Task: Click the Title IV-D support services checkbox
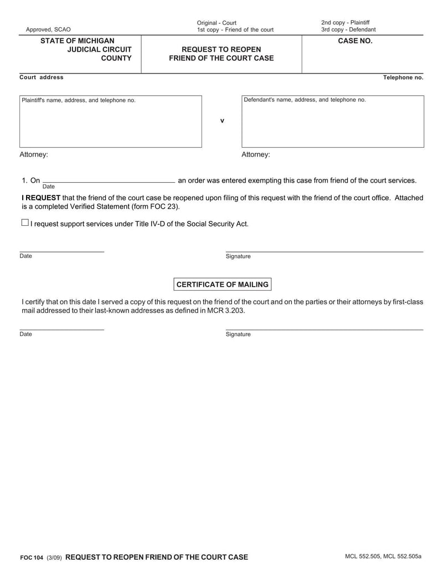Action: pos(24,223)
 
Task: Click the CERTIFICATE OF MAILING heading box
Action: pos(222,285)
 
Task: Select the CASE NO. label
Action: pos(355,41)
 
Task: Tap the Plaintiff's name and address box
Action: pos(111,122)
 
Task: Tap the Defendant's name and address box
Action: pos(332,122)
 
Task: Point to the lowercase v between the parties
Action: pos(222,121)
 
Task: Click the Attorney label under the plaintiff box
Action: pos(34,154)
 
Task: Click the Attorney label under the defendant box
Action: pos(256,154)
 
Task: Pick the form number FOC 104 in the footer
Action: pos(31,557)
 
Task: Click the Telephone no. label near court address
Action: pos(403,78)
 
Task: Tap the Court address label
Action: pos(42,78)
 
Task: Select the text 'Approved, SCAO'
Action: pos(48,30)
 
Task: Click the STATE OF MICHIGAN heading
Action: pos(78,41)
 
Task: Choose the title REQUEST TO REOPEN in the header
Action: pos(221,49)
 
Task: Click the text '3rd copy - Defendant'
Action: pos(348,30)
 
